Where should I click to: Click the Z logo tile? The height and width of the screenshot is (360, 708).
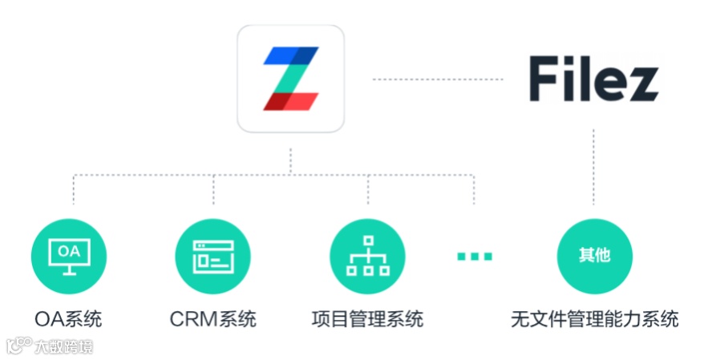coord(290,79)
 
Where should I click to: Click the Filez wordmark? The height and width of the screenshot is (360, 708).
coord(593,79)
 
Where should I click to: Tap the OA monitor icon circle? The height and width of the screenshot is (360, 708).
coord(68,257)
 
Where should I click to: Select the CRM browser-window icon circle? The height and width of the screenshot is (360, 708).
coord(213,257)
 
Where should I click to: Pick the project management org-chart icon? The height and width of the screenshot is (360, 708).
coord(368,257)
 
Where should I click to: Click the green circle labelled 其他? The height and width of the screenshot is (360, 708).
coord(594,257)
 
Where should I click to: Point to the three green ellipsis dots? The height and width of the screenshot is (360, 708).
coord(475,257)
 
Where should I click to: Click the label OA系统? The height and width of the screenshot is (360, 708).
coord(68,319)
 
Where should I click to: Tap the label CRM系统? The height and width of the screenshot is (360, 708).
coord(213,319)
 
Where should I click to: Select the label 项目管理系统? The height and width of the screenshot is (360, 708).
coord(368,319)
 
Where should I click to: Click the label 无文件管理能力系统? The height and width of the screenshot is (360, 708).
coord(594,319)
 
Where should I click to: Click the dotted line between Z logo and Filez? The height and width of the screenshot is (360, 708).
coord(438,79)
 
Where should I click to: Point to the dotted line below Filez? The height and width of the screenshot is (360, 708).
coord(594,168)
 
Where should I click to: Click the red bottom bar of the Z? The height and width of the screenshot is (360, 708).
coord(290,102)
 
